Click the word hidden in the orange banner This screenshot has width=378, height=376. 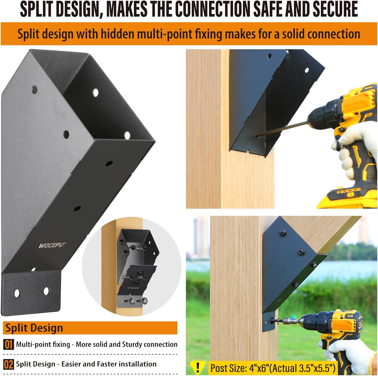point(116,34)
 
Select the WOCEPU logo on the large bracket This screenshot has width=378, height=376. point(52,245)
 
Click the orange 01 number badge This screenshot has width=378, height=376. point(8,344)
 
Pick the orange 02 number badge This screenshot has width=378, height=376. point(8,364)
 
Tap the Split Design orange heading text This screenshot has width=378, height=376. point(34,328)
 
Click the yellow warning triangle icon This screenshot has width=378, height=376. point(198,367)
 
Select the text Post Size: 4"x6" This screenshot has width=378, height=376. point(240,368)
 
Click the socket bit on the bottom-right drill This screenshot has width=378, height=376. point(287,321)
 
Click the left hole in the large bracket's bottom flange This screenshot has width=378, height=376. point(17,293)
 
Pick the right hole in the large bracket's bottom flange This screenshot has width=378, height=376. point(46,291)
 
